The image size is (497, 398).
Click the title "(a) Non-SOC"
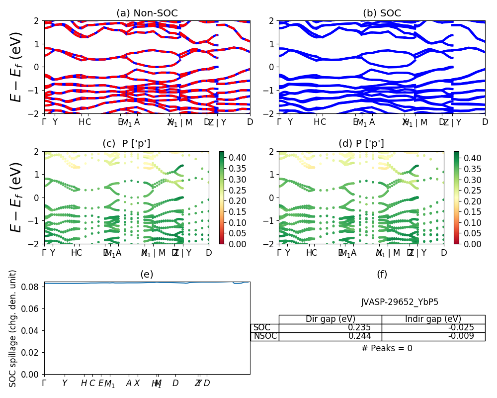[147, 13]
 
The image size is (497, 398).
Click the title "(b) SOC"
[382, 13]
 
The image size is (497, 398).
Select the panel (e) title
[147, 274]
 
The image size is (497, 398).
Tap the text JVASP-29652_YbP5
[400, 302]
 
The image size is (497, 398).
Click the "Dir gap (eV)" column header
[330, 319]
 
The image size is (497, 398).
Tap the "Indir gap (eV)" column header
[433, 319]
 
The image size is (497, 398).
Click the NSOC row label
[264, 336]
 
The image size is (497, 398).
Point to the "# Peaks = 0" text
[387, 348]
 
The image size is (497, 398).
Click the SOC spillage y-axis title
[13, 328]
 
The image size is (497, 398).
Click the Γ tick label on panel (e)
[44, 383]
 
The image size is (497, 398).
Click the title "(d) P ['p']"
[361, 144]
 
